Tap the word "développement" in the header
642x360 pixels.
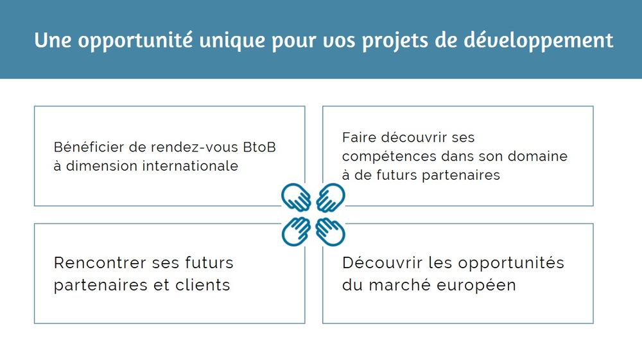539,40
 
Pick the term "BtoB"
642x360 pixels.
259,147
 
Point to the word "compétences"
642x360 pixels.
389,157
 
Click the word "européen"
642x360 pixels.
476,286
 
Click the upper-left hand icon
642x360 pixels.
296,197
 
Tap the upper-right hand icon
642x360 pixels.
331,197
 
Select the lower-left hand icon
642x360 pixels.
296,232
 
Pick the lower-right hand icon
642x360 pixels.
331,232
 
